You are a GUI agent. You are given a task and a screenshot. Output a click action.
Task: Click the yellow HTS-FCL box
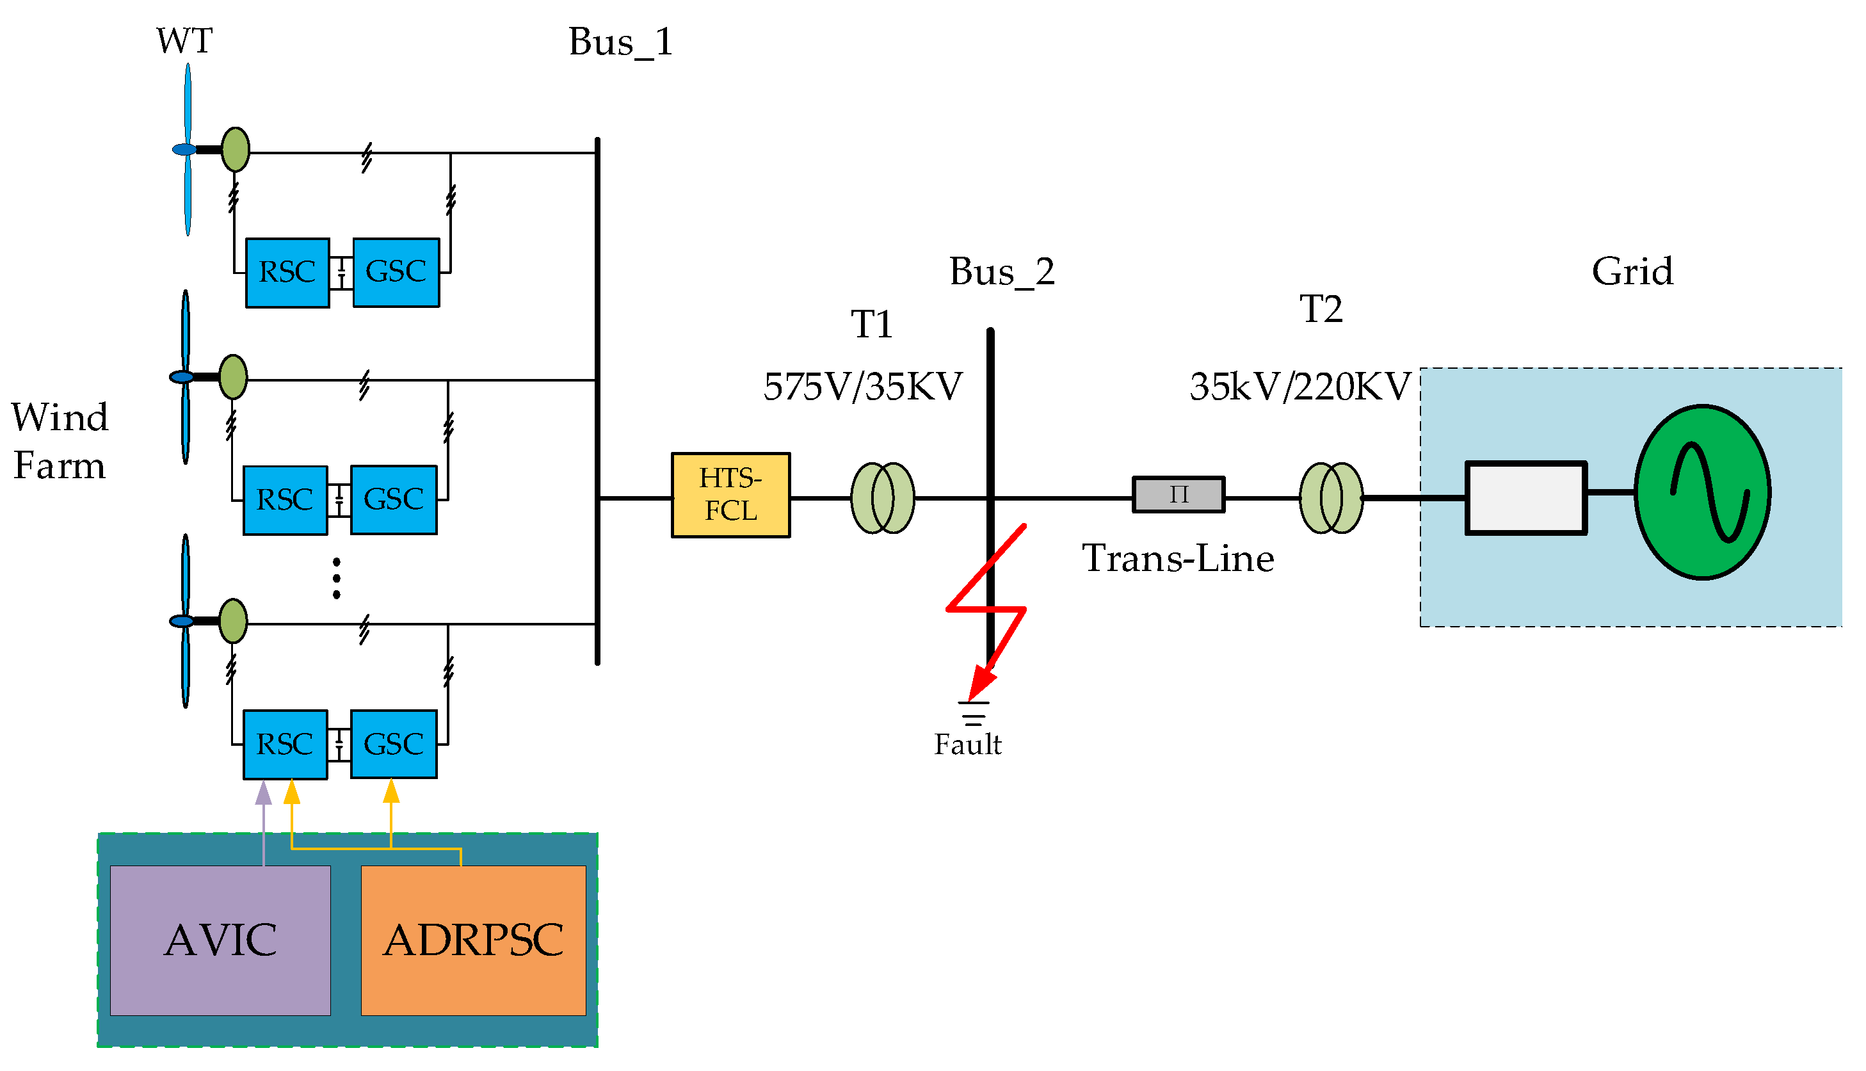tap(730, 495)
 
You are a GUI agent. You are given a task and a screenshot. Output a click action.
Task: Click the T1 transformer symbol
tap(883, 498)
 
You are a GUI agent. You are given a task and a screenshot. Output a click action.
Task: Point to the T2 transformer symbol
tap(1331, 498)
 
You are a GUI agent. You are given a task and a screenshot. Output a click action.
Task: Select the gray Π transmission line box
tap(1178, 494)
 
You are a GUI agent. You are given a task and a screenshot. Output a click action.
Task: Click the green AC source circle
tap(1703, 492)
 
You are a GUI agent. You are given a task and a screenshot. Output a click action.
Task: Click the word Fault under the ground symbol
tap(967, 745)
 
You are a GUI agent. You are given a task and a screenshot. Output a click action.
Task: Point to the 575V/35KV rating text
tap(863, 386)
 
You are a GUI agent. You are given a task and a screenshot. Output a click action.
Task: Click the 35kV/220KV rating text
tap(1299, 386)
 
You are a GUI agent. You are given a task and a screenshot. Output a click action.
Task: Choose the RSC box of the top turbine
tap(287, 272)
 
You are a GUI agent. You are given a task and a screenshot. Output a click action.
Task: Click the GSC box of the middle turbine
tap(394, 499)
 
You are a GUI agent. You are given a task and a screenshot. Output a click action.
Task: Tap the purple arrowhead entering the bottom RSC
tap(263, 793)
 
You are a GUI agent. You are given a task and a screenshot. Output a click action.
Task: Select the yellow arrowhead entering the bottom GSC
tap(391, 791)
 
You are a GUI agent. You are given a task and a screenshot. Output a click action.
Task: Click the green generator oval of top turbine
tap(236, 149)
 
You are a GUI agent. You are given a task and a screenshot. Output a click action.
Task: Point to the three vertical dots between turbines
tap(336, 577)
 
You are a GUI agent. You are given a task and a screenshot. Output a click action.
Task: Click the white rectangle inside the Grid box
tap(1526, 498)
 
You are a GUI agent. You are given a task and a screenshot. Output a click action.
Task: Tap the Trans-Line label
tap(1178, 558)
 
